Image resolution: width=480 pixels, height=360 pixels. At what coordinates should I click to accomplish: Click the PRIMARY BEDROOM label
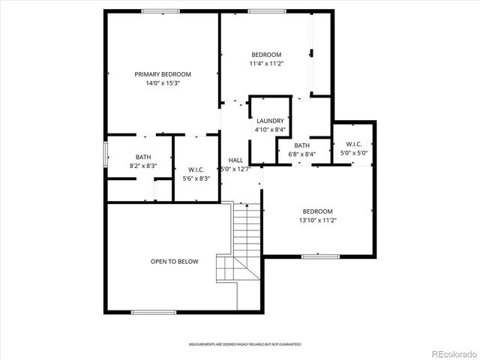pos(163,74)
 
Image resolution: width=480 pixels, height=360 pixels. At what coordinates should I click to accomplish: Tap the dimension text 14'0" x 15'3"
pos(163,83)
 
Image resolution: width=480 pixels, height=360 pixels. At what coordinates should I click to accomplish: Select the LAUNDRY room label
pos(270,121)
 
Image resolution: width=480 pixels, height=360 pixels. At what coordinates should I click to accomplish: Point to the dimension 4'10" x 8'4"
pos(270,130)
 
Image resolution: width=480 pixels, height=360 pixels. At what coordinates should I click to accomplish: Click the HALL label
pos(235,160)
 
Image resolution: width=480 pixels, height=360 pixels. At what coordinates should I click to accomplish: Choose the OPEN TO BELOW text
pos(174,262)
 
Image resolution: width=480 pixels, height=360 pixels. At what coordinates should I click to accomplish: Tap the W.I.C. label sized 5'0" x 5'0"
pos(354,144)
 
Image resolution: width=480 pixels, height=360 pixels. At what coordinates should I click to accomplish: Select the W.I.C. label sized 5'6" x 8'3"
pos(196,169)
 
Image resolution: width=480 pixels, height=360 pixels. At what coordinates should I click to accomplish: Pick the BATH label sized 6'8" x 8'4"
pos(301,145)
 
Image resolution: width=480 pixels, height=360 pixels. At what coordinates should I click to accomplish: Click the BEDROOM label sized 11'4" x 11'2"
pos(266,55)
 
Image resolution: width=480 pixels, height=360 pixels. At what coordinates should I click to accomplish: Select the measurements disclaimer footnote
pos(244,344)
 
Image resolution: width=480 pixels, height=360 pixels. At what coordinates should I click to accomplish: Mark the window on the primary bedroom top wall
pos(160,11)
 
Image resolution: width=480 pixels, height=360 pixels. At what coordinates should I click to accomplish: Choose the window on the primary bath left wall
pos(105,156)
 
